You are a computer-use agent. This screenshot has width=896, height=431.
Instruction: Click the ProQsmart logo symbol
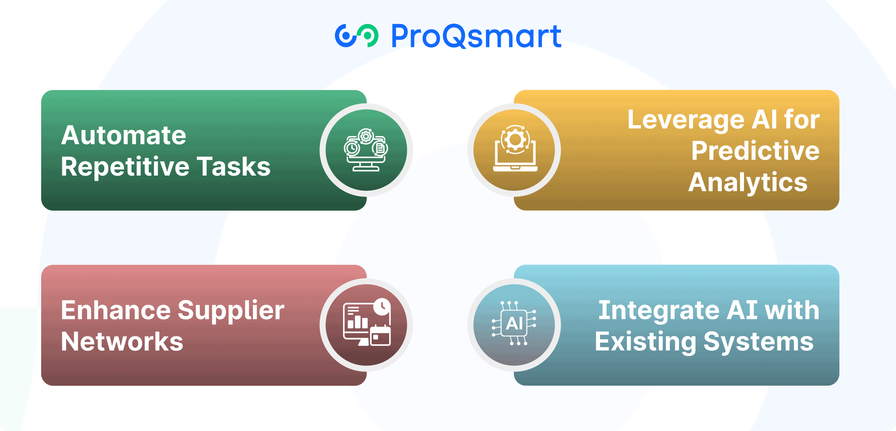point(357,36)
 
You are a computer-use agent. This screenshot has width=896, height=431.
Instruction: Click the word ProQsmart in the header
point(476,36)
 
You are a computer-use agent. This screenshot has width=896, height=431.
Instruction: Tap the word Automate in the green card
point(123,135)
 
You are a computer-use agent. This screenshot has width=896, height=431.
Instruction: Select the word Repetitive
point(125,167)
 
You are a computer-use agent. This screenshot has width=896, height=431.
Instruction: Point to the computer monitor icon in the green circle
point(366,150)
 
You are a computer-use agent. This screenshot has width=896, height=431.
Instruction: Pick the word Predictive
point(755,151)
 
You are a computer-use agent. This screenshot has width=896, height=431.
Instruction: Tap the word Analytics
point(748,183)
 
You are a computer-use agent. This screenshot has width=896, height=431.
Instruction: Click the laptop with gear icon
point(515,149)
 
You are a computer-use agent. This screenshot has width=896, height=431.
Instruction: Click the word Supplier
point(231,312)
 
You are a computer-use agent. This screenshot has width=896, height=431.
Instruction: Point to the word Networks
point(122,342)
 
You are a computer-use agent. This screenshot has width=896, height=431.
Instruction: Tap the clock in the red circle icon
point(382,307)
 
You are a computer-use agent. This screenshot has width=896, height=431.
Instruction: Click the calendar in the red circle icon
point(380,335)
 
